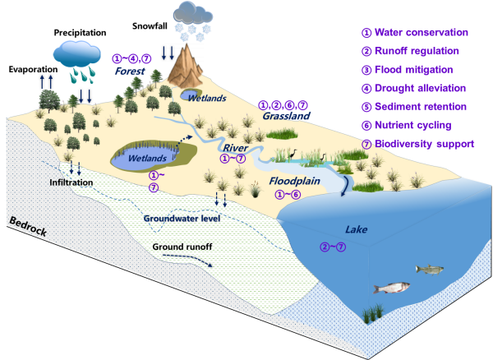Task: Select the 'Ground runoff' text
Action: [x=182, y=246]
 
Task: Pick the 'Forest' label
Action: [x=131, y=71]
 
